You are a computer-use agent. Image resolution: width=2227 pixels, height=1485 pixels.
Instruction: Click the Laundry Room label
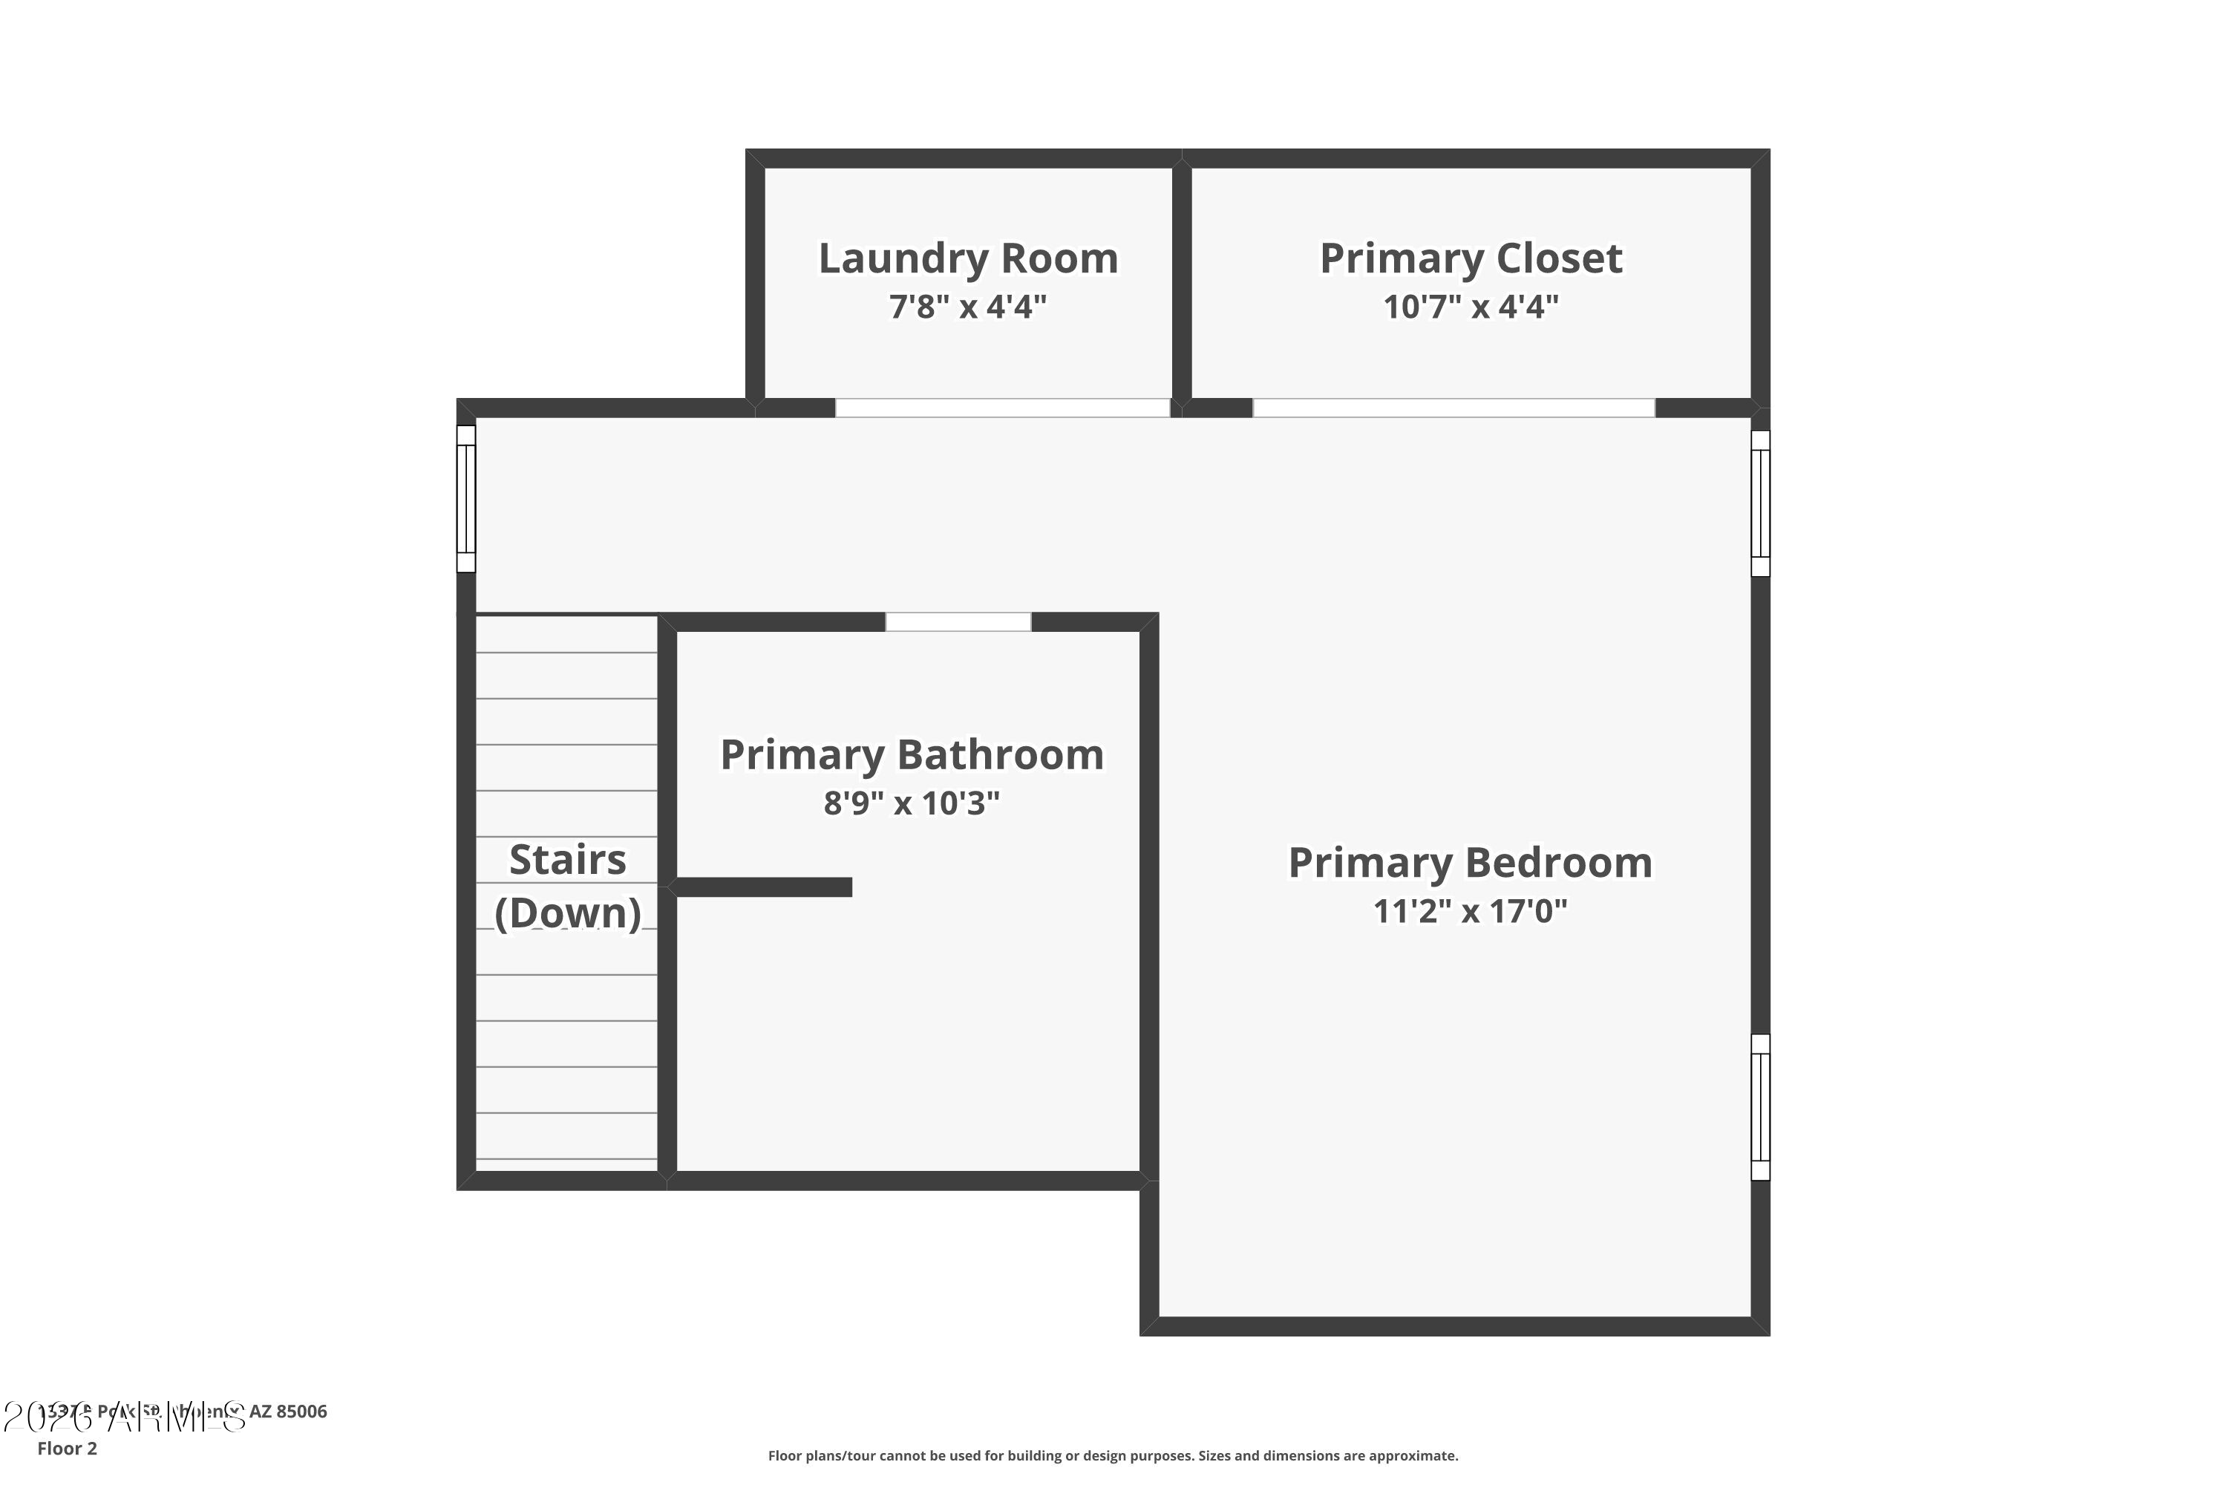pos(968,258)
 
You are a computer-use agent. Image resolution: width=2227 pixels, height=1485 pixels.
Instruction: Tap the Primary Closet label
pos(1471,258)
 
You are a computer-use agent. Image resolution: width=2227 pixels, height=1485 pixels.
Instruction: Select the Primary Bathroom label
pos(912,755)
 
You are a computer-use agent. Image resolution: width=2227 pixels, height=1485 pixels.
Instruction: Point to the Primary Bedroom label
pos(1470,863)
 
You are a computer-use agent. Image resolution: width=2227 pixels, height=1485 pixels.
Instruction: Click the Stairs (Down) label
pos(567,887)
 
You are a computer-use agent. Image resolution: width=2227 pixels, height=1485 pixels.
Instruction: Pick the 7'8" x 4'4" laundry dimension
pos(968,307)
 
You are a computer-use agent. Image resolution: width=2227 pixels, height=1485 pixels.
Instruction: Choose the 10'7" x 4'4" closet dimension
pos(1471,307)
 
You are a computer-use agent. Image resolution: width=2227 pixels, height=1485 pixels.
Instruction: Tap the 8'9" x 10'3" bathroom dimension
pos(912,803)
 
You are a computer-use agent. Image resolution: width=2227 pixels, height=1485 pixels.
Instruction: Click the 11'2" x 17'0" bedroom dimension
pos(1470,911)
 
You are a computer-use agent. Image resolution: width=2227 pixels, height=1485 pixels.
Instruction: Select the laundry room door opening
pos(1001,408)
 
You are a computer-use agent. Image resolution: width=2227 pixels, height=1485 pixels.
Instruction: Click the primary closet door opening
pos(1453,408)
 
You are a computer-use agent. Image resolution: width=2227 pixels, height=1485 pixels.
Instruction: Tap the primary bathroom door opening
pos(958,622)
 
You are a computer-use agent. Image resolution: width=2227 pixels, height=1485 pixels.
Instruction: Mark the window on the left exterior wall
pos(466,499)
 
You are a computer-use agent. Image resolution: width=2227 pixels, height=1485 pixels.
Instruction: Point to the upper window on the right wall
pos(1760,504)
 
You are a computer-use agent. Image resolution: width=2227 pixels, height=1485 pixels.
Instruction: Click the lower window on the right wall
pos(1760,1107)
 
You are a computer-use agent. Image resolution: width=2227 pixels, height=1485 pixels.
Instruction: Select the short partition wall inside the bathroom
pos(763,887)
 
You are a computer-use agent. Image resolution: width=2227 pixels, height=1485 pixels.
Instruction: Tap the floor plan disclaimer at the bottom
pos(1113,1455)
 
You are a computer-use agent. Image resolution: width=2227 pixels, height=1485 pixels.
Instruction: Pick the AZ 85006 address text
pos(288,1411)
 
